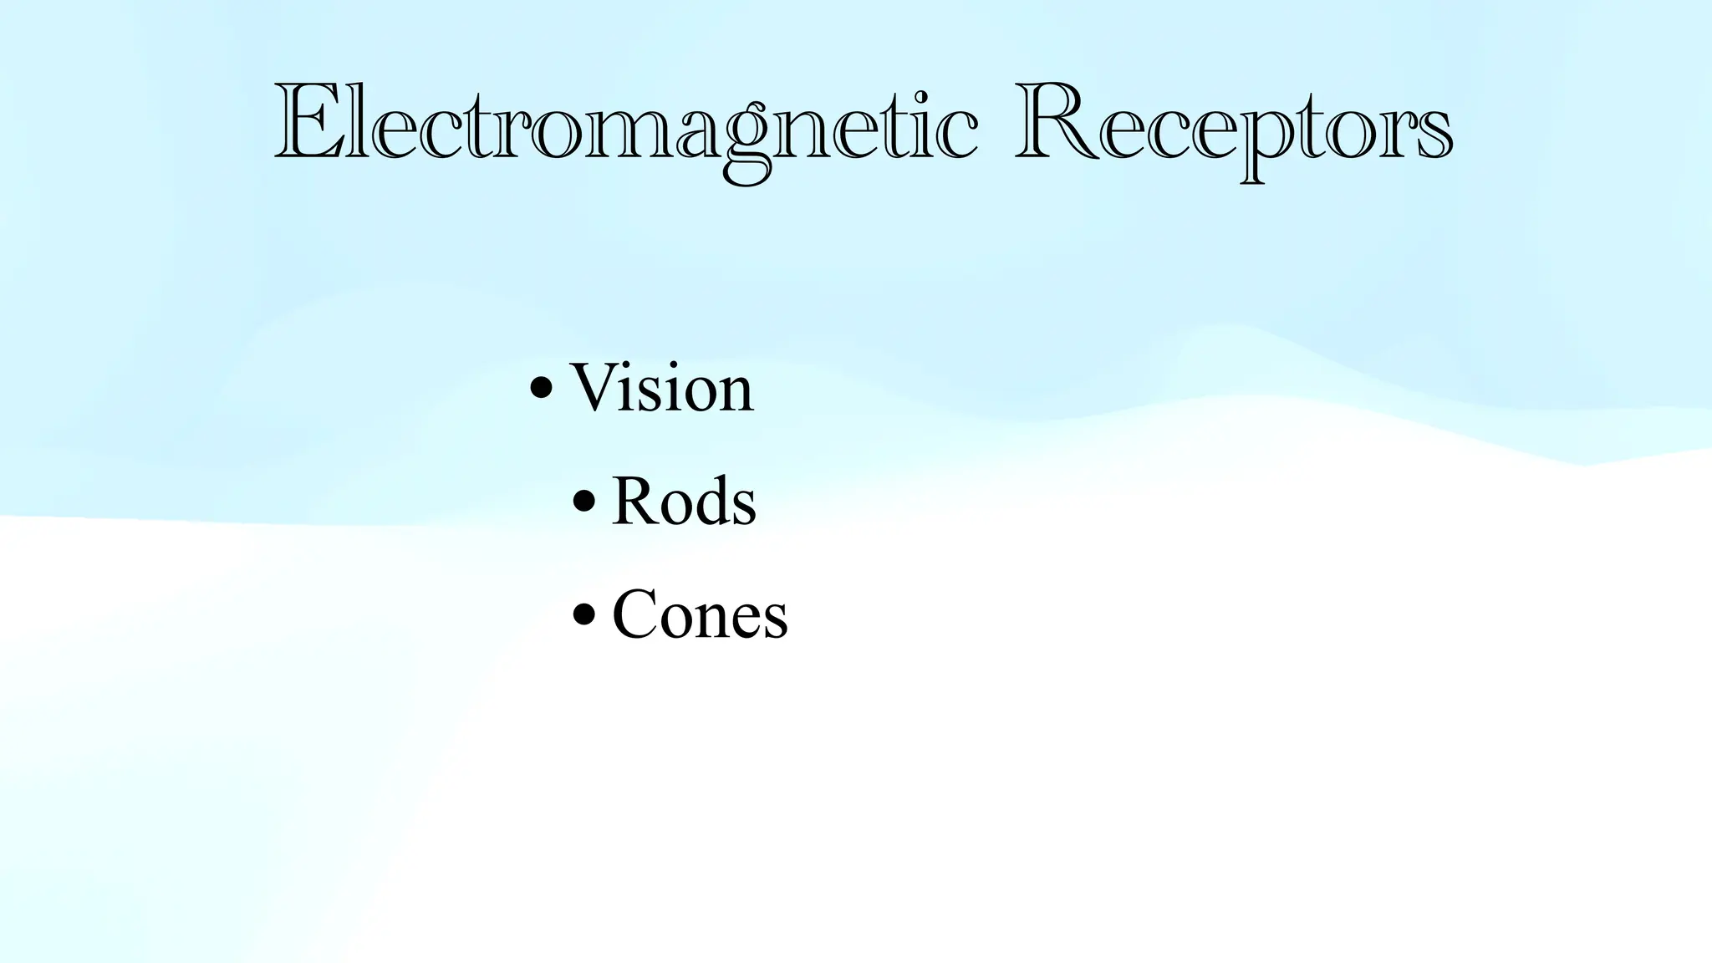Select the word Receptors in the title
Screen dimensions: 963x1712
pos(1234,125)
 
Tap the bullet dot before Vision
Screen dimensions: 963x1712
pos(542,388)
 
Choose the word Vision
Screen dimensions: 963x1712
pos(661,388)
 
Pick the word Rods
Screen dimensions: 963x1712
pos(684,502)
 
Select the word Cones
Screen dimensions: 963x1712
pos(700,615)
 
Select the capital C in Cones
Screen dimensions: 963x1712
pos(639,615)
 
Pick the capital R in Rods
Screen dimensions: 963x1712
pos(637,502)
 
